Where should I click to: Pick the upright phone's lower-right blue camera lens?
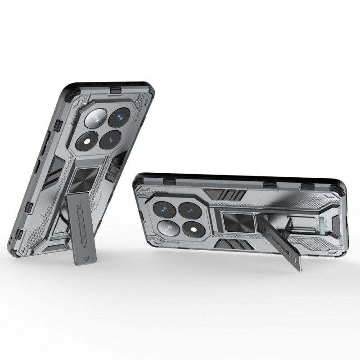click(111, 140)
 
